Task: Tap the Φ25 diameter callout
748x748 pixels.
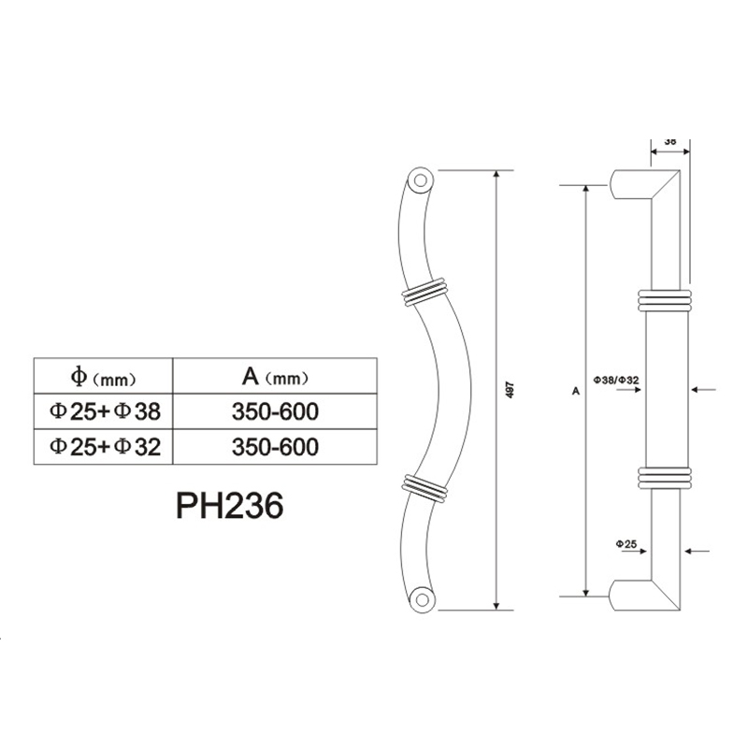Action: pyautogui.click(x=626, y=542)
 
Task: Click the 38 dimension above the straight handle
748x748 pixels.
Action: pyautogui.click(x=670, y=141)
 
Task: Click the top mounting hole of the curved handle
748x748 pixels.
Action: pyautogui.click(x=420, y=179)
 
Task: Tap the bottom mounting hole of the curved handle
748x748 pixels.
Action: pyautogui.click(x=423, y=597)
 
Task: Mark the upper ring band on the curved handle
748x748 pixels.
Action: pyautogui.click(x=422, y=291)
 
